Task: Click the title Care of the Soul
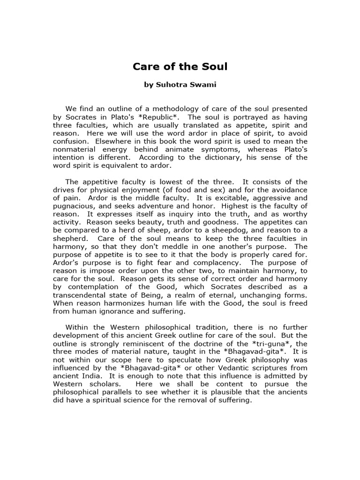pos(180,67)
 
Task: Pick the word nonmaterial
pos(75,149)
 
